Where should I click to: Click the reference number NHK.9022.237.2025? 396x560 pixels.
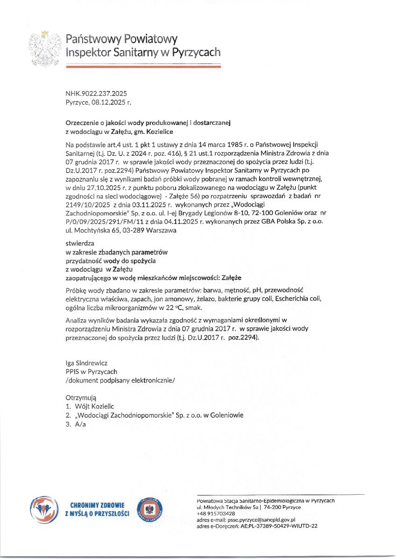tap(97, 94)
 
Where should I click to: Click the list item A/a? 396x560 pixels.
tap(80, 424)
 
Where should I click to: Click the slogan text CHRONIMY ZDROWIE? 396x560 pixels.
tap(97, 505)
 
